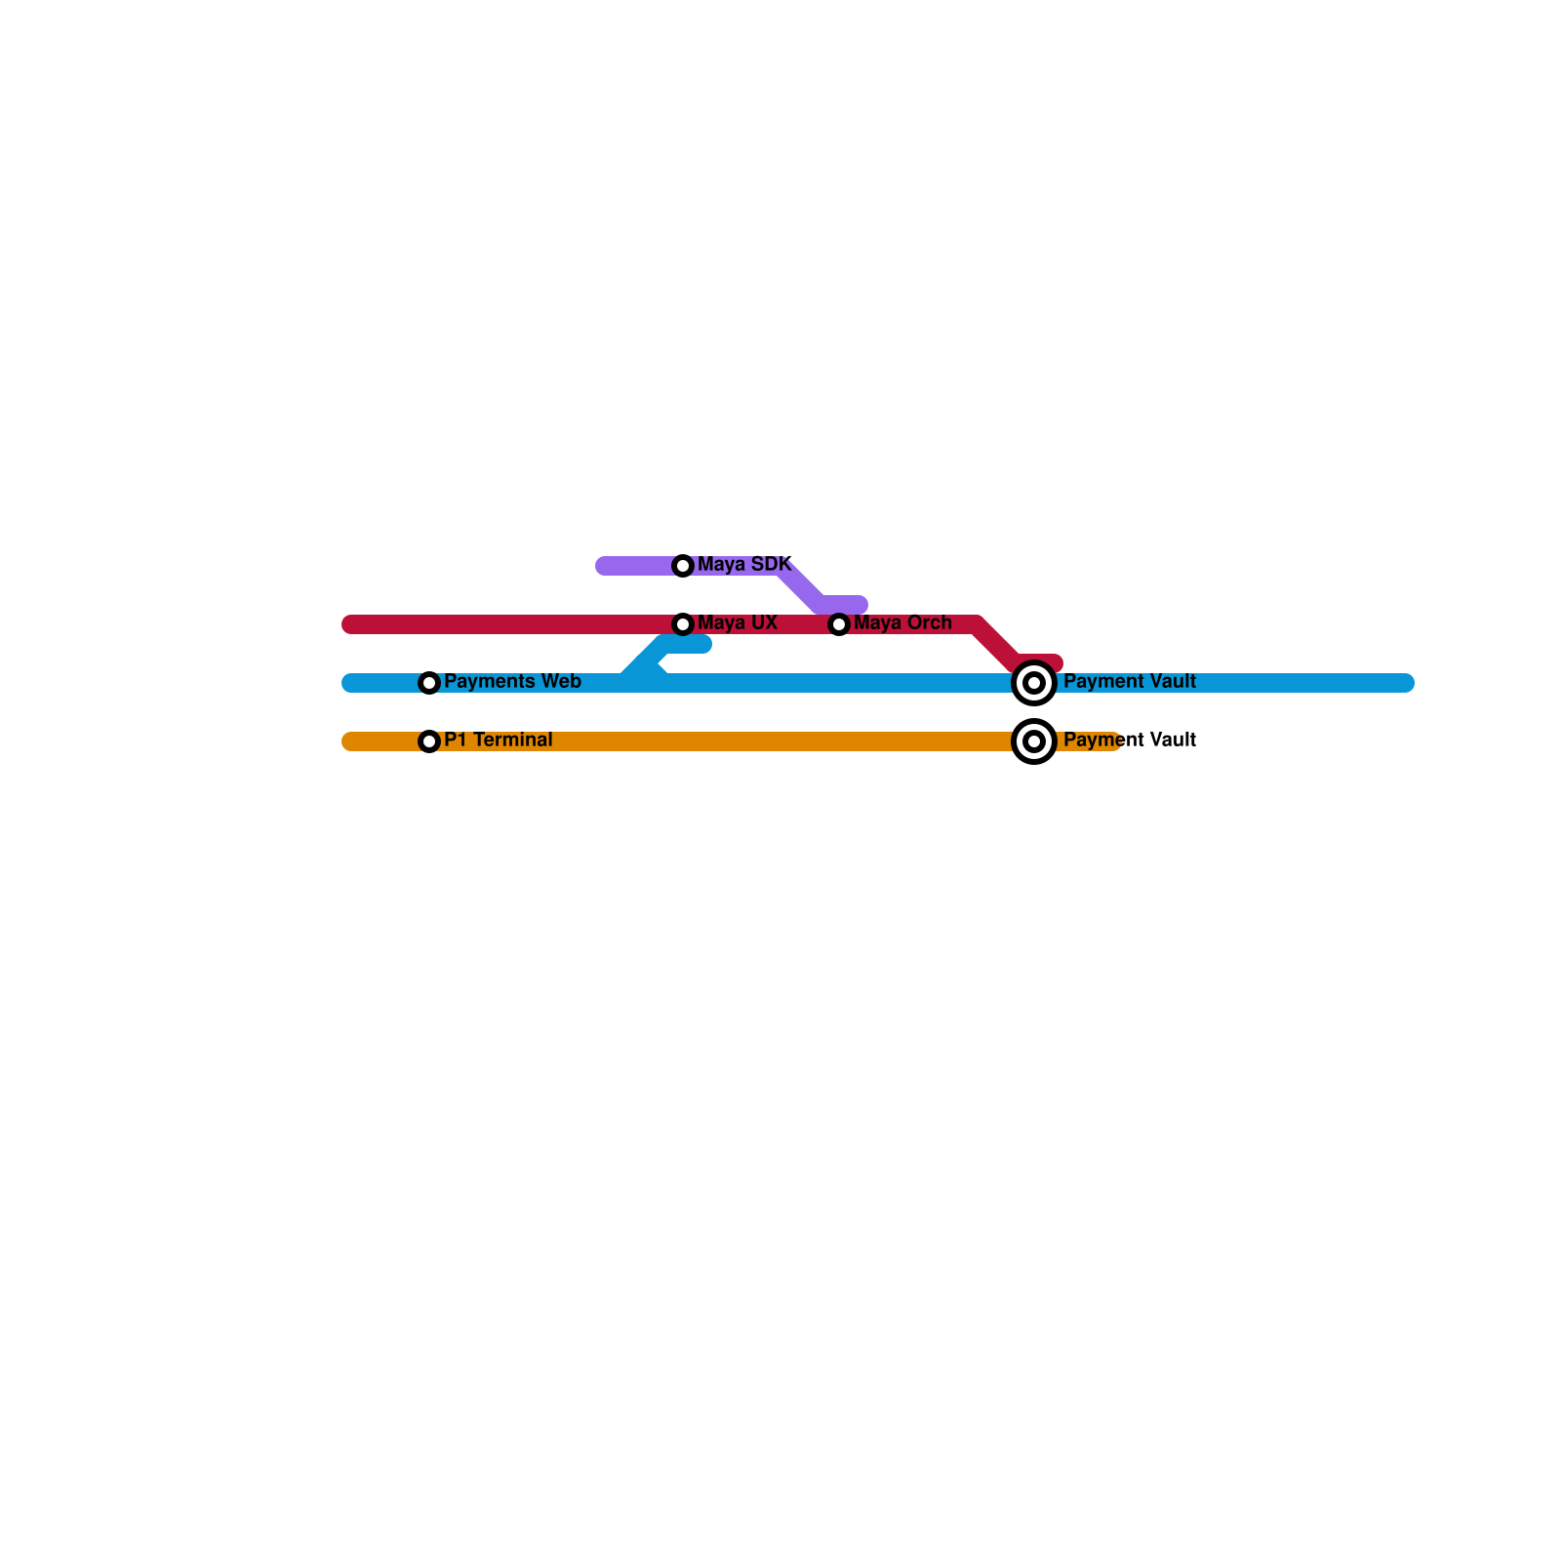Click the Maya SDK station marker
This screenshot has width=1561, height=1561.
click(x=683, y=566)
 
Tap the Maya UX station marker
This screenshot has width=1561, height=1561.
click(x=683, y=624)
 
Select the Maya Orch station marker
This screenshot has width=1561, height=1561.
click(x=839, y=624)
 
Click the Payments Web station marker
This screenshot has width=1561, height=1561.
click(x=429, y=683)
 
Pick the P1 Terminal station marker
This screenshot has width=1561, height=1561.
click(x=429, y=741)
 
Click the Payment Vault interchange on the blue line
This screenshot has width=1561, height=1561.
click(x=1034, y=683)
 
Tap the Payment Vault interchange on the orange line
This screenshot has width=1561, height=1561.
click(x=1034, y=741)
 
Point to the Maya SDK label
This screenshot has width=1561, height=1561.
click(x=744, y=564)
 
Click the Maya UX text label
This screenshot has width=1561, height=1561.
click(x=738, y=622)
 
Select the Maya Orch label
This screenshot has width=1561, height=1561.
click(x=902, y=622)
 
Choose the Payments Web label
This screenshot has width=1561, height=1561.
click(x=512, y=681)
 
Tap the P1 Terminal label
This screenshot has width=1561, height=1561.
click(x=498, y=740)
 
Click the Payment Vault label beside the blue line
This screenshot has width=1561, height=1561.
click(x=1130, y=681)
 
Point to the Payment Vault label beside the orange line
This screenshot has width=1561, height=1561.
click(x=1130, y=740)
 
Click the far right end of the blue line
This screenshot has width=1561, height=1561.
click(x=1406, y=683)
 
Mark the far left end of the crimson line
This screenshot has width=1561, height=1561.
click(x=350, y=624)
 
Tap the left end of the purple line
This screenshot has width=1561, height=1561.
click(x=604, y=566)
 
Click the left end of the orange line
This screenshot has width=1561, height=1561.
click(x=350, y=741)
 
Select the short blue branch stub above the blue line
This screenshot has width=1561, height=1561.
click(x=687, y=644)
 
